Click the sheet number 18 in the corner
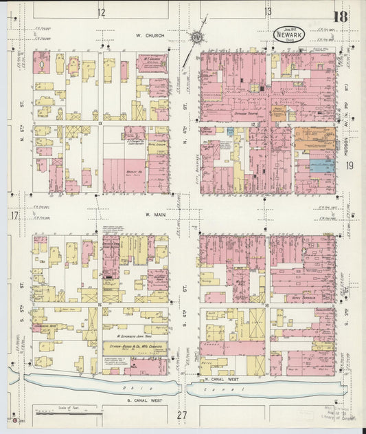339,16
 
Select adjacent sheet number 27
182,415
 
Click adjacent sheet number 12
102,12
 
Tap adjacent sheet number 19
350,165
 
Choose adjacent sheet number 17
14,215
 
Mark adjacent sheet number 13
268,12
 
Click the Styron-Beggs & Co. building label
134,348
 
